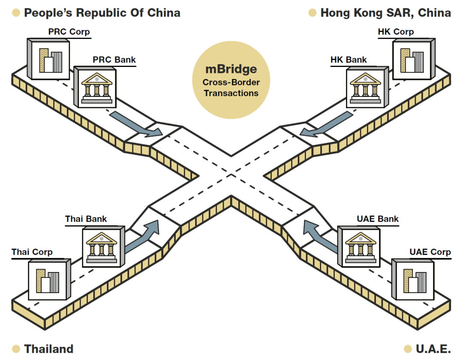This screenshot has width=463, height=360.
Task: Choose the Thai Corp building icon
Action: coord(49,279)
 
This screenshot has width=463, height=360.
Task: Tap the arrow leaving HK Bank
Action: coord(328,124)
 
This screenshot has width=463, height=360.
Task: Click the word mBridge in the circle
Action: coord(231,69)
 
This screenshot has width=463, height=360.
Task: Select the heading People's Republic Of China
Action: coord(102,13)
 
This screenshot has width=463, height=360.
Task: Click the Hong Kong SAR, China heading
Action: coord(385,13)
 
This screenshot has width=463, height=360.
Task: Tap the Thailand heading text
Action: coord(49,349)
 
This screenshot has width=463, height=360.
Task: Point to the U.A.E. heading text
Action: coord(433,349)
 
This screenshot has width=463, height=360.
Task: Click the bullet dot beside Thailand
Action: coord(16,349)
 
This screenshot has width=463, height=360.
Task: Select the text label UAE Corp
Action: coord(430,252)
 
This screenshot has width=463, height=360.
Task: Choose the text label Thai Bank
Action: coord(86,219)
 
